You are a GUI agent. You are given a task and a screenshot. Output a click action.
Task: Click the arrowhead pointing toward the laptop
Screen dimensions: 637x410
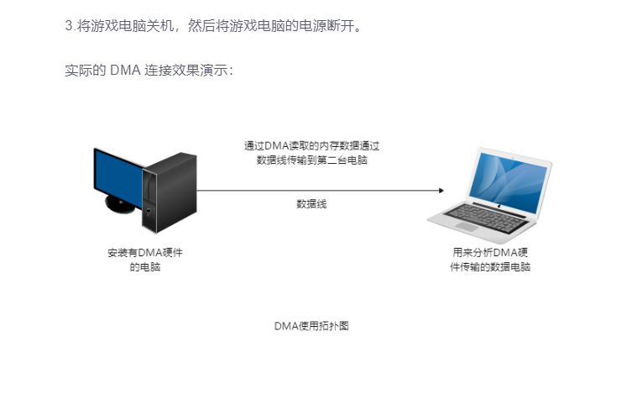pyautogui.click(x=441, y=191)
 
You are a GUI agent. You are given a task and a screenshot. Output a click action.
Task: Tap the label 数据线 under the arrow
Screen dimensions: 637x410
pyautogui.click(x=311, y=204)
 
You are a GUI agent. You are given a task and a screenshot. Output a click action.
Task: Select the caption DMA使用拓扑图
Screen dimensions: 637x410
pyautogui.click(x=311, y=326)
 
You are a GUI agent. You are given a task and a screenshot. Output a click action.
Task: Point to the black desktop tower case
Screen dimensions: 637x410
pyautogui.click(x=170, y=192)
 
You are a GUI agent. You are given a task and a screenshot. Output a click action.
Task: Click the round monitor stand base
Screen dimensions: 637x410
pyautogui.click(x=119, y=205)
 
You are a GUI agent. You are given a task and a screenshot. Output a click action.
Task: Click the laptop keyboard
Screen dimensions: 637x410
pyautogui.click(x=486, y=218)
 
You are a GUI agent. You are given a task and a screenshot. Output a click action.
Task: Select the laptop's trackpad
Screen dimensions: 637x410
pyautogui.click(x=467, y=227)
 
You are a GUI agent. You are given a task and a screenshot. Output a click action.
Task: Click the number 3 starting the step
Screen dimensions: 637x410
pyautogui.click(x=69, y=25)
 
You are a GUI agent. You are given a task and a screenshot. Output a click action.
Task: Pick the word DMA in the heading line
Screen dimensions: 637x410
pyautogui.click(x=125, y=70)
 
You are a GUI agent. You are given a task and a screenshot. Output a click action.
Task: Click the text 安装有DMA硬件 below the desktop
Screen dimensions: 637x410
pyautogui.click(x=145, y=253)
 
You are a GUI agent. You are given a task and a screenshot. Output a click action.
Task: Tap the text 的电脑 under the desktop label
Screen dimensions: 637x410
pyautogui.click(x=145, y=267)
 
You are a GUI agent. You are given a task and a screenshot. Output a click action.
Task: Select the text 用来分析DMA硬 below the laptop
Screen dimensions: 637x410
pyautogui.click(x=490, y=253)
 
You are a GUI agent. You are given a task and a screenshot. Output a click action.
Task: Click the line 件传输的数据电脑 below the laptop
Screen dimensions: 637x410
pyautogui.click(x=490, y=267)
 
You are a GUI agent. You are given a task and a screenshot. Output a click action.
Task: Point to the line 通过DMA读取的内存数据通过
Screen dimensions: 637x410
pyautogui.click(x=311, y=145)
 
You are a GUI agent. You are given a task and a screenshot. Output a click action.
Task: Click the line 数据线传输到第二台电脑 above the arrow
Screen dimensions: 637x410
pyautogui.click(x=311, y=160)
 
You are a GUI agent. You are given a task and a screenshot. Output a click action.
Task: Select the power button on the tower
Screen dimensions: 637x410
pyautogui.click(x=149, y=211)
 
